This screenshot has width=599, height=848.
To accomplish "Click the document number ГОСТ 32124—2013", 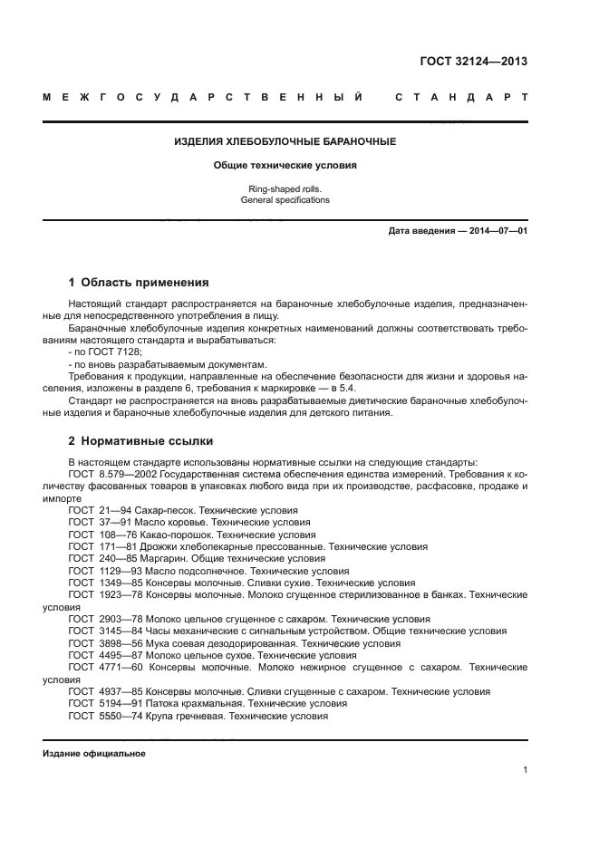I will click(x=474, y=63).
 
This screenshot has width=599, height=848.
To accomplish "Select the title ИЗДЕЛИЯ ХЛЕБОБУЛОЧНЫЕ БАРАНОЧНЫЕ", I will click(x=285, y=142).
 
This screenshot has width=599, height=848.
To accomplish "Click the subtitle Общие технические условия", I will click(x=285, y=166).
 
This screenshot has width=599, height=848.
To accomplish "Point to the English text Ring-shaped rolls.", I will click(x=285, y=188).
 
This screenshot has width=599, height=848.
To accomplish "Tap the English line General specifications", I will click(x=285, y=199).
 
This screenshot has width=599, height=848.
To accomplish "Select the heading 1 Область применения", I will click(x=139, y=282).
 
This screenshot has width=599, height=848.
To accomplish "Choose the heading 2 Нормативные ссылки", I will click(x=141, y=441).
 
